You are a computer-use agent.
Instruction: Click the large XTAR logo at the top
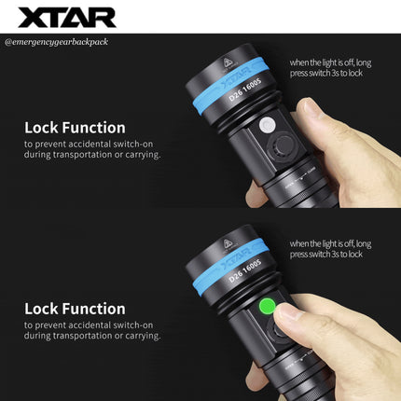pos(67,17)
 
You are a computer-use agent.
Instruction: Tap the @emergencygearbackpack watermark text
pos(56,42)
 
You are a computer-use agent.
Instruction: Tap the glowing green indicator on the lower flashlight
pos(268,307)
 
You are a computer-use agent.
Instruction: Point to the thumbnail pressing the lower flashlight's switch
pos(288,312)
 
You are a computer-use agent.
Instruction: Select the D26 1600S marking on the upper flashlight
pos(245,90)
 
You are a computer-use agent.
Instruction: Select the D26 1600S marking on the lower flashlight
pos(245,270)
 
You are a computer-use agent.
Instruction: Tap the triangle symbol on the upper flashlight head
pos(227,62)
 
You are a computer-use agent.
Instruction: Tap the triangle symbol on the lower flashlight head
pos(227,243)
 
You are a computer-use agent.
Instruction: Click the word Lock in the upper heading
pos(41,128)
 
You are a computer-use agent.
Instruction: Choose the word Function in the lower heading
pos(93,309)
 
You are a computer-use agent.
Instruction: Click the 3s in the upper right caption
pos(335,73)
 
